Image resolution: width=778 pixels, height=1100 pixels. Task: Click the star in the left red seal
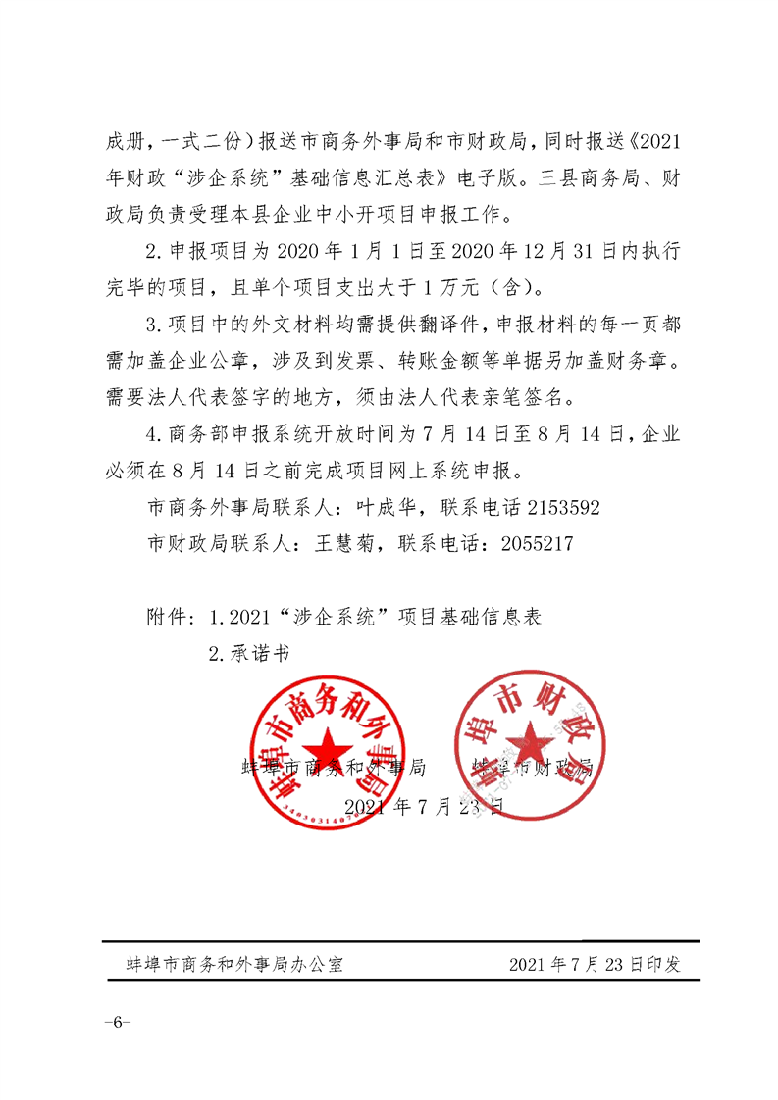click(x=324, y=749)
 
